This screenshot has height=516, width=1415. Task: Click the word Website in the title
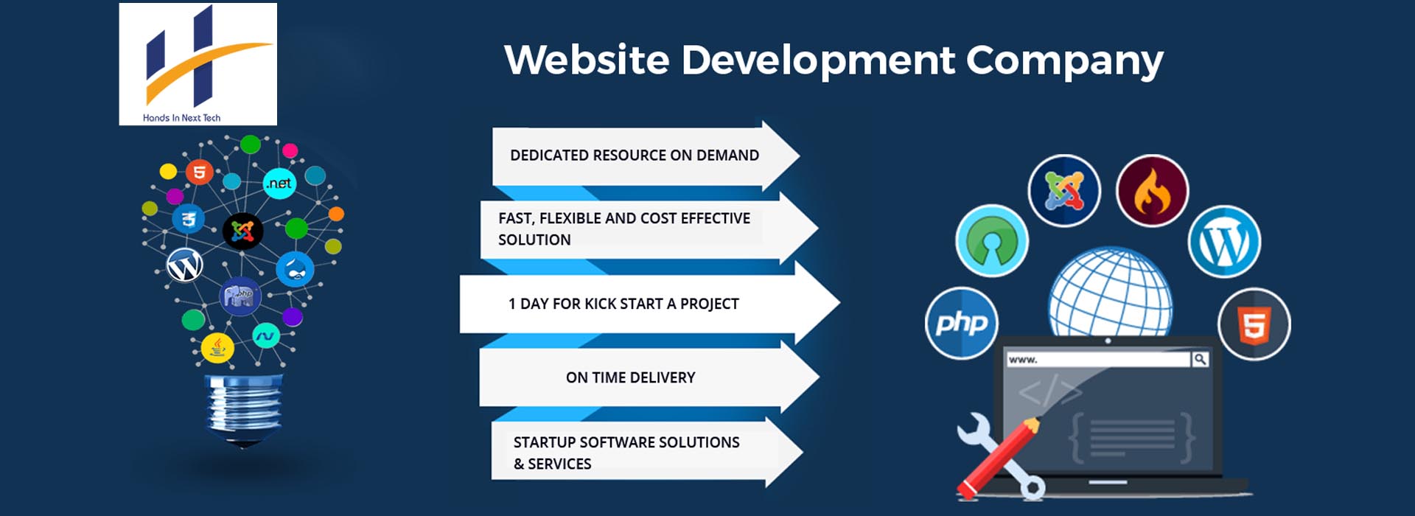click(587, 60)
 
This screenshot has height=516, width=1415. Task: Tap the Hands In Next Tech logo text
click(181, 118)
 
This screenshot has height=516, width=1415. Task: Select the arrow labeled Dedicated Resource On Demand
click(646, 156)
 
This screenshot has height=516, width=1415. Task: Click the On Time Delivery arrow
click(649, 377)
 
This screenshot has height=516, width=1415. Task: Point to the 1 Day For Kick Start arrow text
click(623, 304)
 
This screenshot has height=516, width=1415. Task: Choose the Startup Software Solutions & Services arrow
click(647, 452)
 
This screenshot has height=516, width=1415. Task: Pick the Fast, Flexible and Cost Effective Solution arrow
click(649, 229)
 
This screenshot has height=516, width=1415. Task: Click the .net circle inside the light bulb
click(279, 183)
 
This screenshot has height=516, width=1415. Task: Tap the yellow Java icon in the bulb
click(217, 347)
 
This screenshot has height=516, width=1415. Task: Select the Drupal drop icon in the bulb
click(296, 270)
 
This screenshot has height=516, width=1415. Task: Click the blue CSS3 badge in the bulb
click(189, 219)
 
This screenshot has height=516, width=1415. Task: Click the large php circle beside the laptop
click(961, 323)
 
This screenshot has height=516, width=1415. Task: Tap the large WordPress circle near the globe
click(1224, 242)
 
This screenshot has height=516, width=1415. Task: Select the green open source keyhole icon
click(992, 241)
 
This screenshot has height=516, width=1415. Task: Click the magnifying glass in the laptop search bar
click(1200, 359)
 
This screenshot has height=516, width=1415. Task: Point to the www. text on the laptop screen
click(1023, 360)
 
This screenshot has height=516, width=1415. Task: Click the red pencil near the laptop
click(998, 457)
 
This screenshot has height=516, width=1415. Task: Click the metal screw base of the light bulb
click(243, 409)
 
